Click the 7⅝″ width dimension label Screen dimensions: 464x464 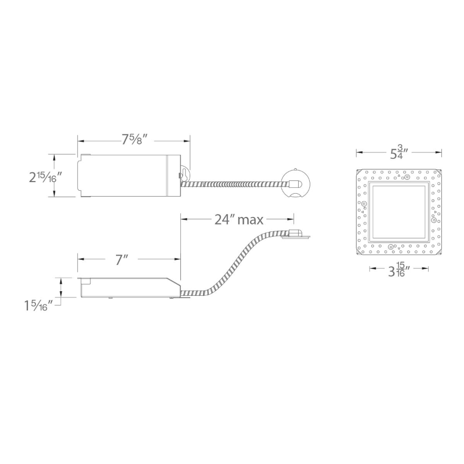(135, 139)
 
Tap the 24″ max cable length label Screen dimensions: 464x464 (238, 220)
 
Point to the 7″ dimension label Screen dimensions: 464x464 (122, 259)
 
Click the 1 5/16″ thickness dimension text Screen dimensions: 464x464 (39, 306)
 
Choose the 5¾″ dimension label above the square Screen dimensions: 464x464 (399, 153)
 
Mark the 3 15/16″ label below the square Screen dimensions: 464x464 (399, 269)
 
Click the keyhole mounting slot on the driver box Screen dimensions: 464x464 (184, 175)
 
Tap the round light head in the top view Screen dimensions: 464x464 (295, 183)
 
